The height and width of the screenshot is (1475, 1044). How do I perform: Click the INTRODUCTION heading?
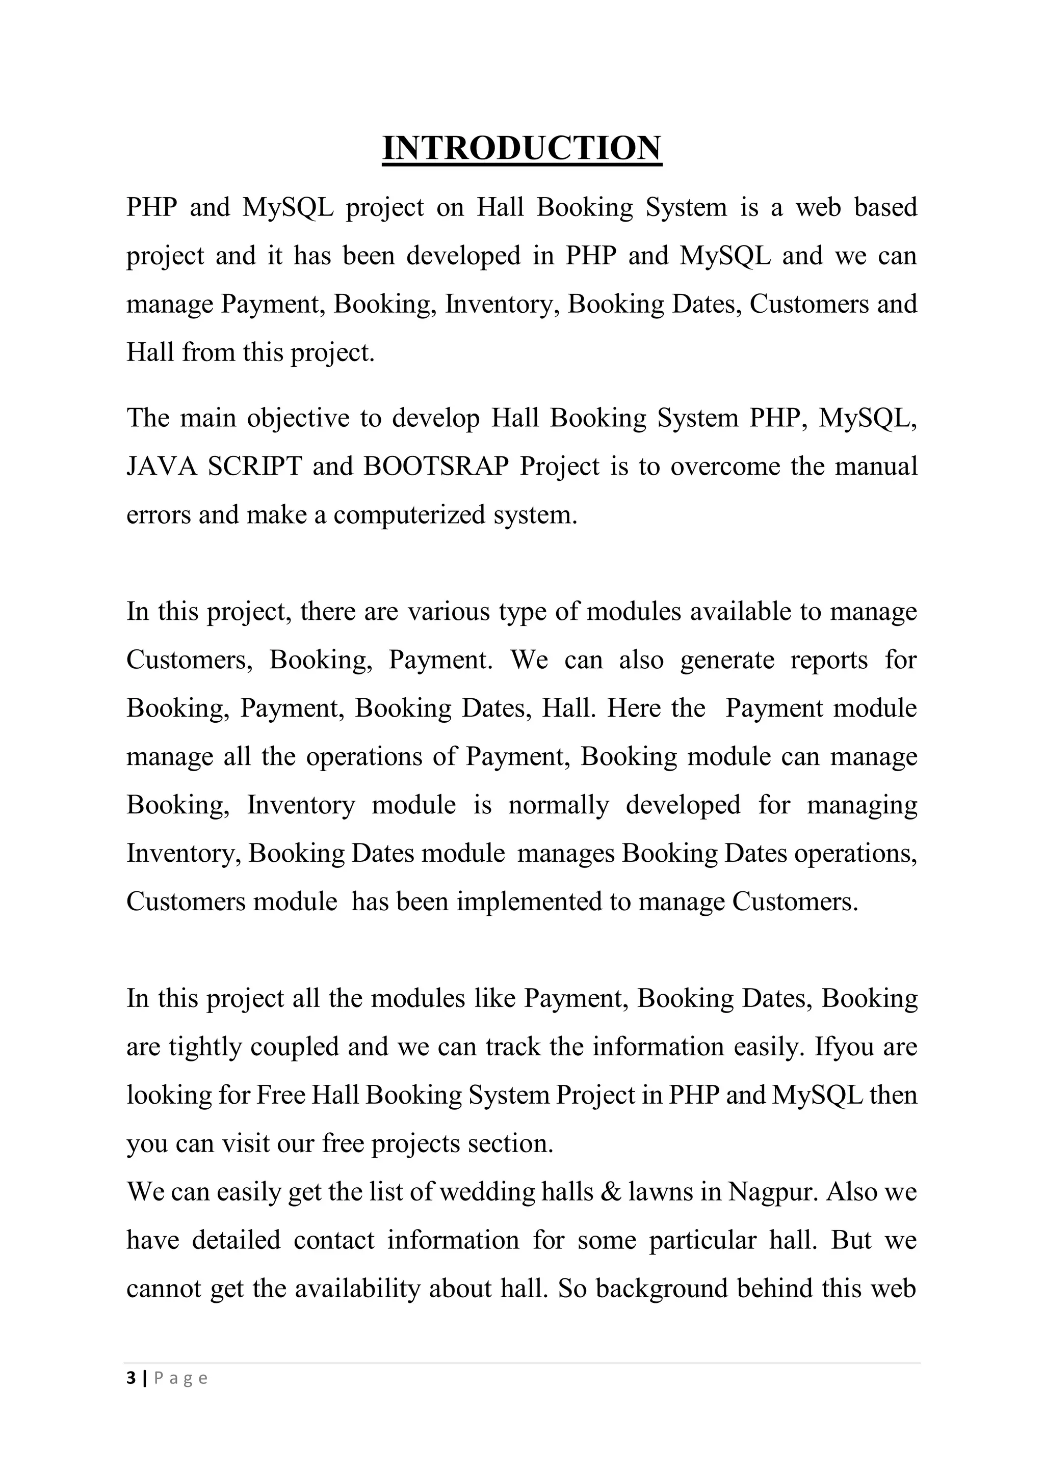click(521, 148)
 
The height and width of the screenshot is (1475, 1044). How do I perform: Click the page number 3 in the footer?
click(131, 1378)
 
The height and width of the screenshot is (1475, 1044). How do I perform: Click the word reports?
click(829, 660)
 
